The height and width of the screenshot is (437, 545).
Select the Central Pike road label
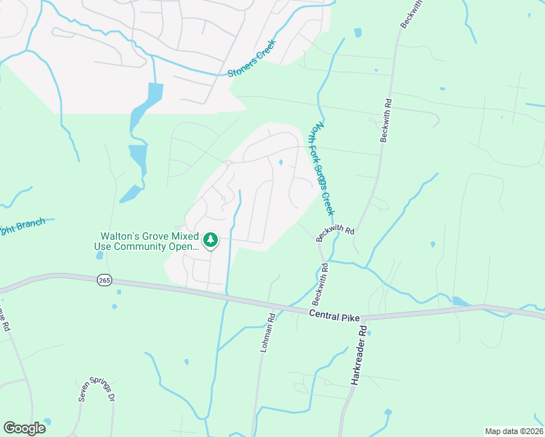pyautogui.click(x=334, y=314)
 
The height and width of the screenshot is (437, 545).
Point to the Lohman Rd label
pyautogui.click(x=267, y=334)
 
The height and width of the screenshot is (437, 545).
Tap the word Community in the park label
pyautogui.click(x=152, y=247)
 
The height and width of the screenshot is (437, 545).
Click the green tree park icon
pyautogui.click(x=211, y=240)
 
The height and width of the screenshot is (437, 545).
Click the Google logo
pyautogui.click(x=24, y=428)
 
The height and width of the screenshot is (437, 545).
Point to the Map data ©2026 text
pyautogui.click(x=514, y=431)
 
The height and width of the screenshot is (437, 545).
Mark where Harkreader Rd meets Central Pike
pyautogui.click(x=362, y=318)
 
